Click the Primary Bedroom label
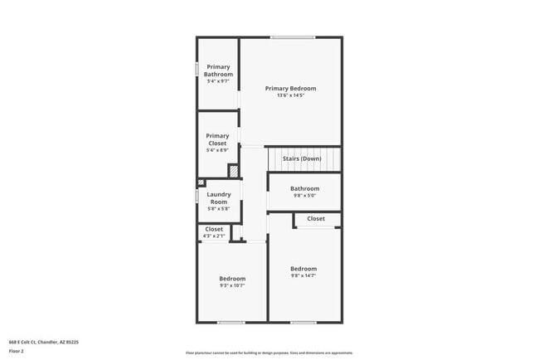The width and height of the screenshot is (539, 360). [290, 88]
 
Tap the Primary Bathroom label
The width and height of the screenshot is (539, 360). [219, 71]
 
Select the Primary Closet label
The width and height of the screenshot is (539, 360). [217, 139]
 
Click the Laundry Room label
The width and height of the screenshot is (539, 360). [219, 197]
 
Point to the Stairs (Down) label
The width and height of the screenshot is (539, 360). [302, 158]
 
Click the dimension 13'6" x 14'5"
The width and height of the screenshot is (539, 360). [290, 95]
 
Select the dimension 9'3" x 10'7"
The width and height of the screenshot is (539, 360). [232, 285]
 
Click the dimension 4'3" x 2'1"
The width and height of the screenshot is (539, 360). [214, 236]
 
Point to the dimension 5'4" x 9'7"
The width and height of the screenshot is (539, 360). [219, 81]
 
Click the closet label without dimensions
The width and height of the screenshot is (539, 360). [316, 219]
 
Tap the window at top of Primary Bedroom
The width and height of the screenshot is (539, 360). [293, 37]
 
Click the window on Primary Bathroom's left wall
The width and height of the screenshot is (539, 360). [197, 70]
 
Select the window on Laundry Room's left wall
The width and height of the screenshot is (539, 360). [197, 197]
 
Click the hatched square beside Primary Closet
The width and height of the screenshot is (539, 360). [234, 171]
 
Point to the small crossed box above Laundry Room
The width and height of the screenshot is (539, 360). [201, 182]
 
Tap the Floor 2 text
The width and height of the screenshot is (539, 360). [17, 351]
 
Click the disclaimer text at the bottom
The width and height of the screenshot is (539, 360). [269, 353]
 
